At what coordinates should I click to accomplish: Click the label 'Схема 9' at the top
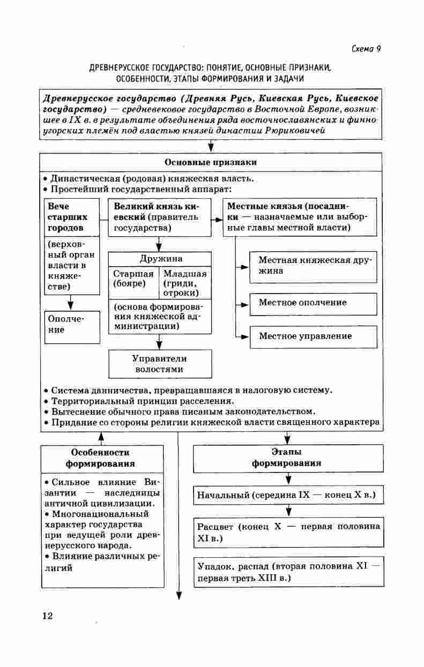tap(366, 49)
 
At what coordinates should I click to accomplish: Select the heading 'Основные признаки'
tap(211, 162)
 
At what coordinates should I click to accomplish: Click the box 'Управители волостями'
tap(159, 364)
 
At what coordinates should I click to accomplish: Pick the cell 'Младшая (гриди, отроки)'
tap(184, 283)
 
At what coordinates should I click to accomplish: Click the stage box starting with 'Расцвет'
tap(288, 531)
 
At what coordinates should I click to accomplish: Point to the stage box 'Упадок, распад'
tap(288, 572)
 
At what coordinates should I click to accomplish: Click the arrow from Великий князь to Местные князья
tap(217, 220)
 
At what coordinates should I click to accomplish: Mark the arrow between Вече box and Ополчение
tap(71, 303)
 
